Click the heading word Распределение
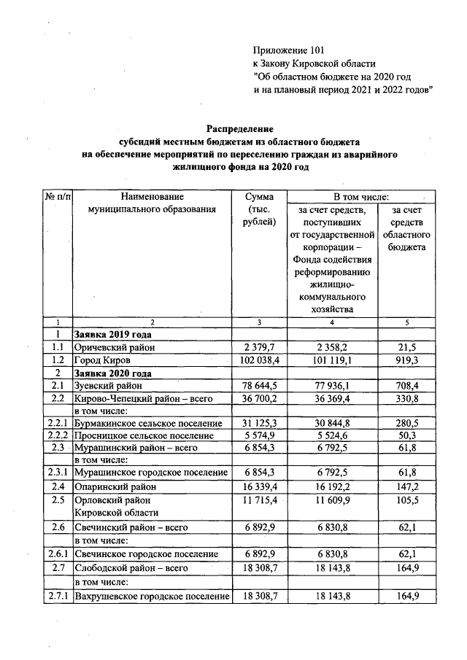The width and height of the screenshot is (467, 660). tap(239, 129)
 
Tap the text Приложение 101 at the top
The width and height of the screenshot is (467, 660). tap(287, 50)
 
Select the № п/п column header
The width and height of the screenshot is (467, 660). tap(56, 196)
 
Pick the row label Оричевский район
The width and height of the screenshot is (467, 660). tap(114, 348)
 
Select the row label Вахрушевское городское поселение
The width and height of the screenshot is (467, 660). tap(152, 597)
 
